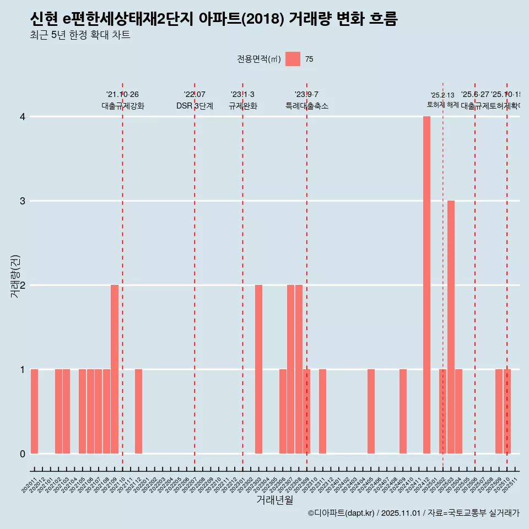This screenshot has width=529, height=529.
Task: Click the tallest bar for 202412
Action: tap(427, 285)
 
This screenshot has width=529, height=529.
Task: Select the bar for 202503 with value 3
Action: tap(451, 327)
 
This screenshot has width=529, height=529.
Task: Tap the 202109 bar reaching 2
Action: tap(115, 369)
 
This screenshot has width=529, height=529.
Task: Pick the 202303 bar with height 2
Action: tap(258, 369)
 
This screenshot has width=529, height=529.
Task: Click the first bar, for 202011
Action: tap(34, 411)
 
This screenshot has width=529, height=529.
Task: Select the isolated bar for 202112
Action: tap(138, 411)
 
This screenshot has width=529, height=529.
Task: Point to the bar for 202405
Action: tap(371, 411)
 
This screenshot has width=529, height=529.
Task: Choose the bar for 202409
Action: tap(403, 411)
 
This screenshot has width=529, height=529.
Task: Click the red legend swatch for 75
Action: tap(293, 59)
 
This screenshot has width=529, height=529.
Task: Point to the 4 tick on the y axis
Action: tap(23, 117)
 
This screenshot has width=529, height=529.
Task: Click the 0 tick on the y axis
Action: tap(23, 454)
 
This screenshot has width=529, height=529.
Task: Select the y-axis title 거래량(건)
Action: tap(15, 276)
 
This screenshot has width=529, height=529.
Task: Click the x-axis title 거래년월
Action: tap(274, 500)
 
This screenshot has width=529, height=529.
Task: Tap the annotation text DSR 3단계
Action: tap(195, 106)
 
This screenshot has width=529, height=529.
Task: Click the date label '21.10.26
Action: tap(122, 94)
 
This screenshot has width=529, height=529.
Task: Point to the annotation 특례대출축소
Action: tap(306, 106)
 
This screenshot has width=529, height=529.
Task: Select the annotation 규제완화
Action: tap(242, 106)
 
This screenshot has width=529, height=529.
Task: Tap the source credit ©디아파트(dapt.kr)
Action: tap(341, 513)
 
